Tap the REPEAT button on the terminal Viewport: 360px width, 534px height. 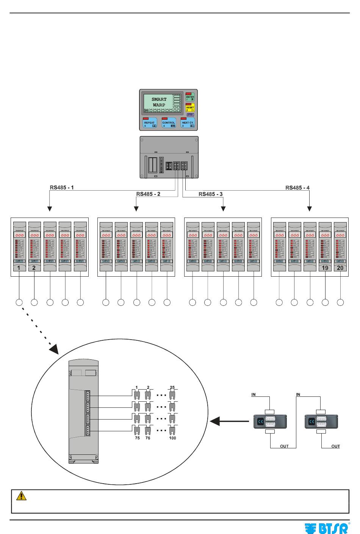pos(150,124)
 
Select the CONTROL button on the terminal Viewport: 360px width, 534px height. pos(169,124)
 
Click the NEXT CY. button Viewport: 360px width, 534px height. pos(188,124)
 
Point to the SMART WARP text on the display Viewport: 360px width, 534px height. pos(159,102)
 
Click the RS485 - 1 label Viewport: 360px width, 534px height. pos(62,187)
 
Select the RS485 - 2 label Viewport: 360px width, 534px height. pos(148,194)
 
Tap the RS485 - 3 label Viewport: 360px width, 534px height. pos(211,194)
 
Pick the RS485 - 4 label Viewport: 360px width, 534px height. pos(297,187)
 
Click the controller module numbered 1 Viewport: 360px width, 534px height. pos(19,246)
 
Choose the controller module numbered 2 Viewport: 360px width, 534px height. pos(34,246)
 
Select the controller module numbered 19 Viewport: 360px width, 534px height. pos(325,246)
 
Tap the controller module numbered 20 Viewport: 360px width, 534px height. pos(340,246)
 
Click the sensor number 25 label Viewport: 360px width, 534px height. pos(172,387)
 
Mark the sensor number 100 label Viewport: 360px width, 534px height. pos(172,438)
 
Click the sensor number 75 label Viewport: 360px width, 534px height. pos(137,438)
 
